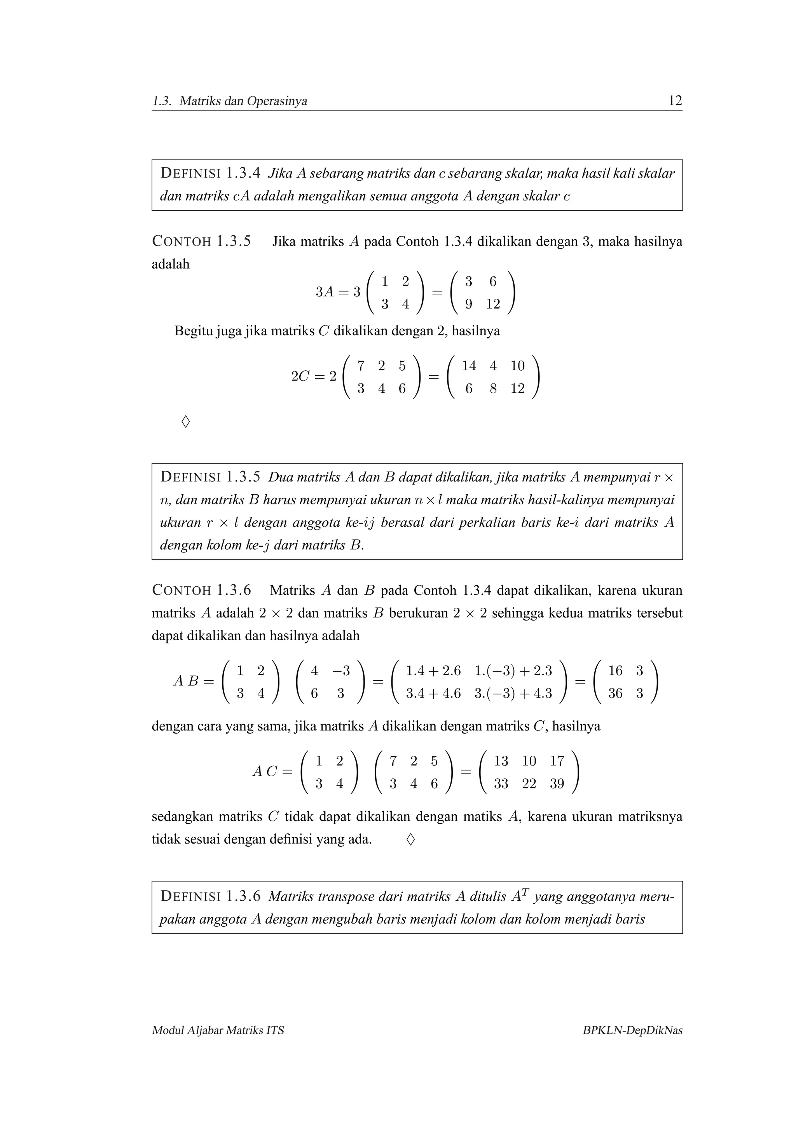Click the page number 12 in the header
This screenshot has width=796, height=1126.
pos(675,101)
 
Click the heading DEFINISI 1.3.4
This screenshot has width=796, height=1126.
pos(210,173)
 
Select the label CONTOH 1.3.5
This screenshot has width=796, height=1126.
pos(202,241)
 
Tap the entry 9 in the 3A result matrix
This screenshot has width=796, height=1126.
pos(468,304)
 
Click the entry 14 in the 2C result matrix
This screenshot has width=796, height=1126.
pos(469,366)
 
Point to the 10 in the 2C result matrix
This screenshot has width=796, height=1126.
pos(517,366)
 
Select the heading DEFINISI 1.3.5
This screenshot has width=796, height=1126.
pos(210,477)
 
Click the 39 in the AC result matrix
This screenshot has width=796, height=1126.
pos(557,784)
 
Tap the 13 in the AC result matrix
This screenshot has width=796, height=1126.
pos(501,761)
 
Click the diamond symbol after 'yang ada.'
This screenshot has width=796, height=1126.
pos(410,840)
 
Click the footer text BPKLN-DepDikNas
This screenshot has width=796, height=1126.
pos(632,1030)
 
